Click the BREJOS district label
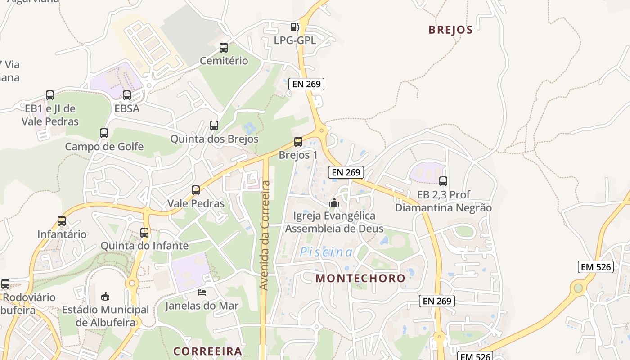(450, 30)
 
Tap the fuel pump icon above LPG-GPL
(295, 27)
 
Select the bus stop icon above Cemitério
(224, 48)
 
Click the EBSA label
(127, 108)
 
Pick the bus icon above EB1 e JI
(50, 95)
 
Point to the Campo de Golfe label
(104, 147)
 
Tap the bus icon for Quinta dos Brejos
(214, 126)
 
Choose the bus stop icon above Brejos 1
(298, 142)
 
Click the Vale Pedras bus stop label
(196, 203)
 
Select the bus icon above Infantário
(62, 221)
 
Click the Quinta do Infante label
(144, 246)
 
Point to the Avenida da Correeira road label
(265, 235)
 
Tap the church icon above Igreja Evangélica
(334, 202)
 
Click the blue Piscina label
(327, 252)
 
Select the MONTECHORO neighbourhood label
(360, 278)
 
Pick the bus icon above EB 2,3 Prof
(443, 181)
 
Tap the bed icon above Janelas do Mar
(202, 292)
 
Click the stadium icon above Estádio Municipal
(105, 296)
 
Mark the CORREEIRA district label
(208, 351)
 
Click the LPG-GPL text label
(295, 40)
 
